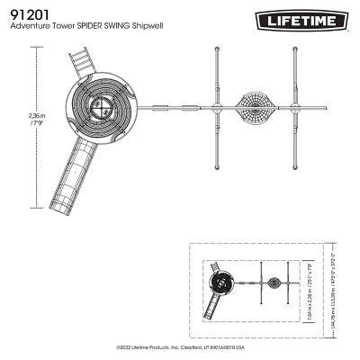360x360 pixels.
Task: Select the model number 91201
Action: [27, 14]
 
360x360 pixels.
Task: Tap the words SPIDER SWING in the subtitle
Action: [112, 28]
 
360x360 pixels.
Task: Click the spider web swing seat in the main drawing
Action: [256, 110]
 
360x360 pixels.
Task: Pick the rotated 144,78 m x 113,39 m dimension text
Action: [333, 287]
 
